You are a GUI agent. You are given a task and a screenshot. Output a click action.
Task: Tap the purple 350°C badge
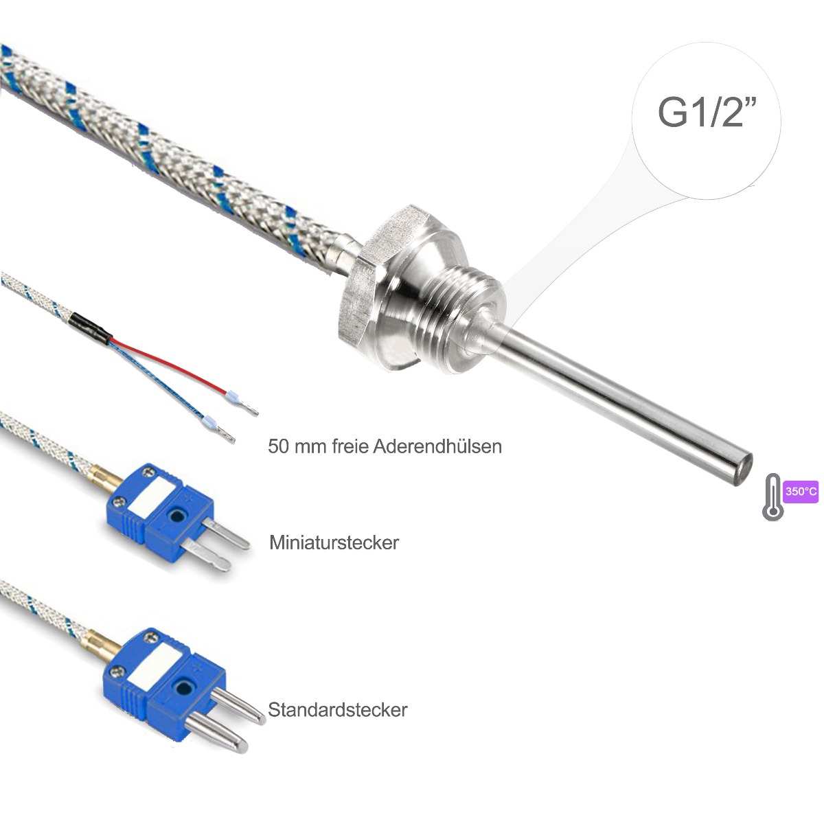(x=801, y=492)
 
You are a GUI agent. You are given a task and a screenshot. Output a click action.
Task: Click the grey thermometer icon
(x=772, y=496)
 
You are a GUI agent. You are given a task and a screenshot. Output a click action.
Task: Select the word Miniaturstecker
(x=334, y=542)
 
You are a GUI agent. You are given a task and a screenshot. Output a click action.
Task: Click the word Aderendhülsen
(x=437, y=446)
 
